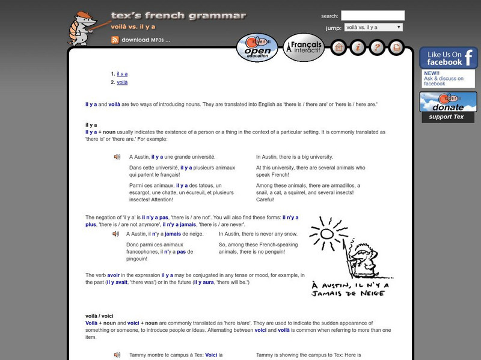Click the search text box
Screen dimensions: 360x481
(372, 16)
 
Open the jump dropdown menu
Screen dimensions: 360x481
(373, 28)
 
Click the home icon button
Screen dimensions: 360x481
(338, 47)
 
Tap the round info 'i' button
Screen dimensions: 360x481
(357, 47)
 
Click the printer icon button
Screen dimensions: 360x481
(396, 47)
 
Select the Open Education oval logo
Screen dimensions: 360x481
(257, 48)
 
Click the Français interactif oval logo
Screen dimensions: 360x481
(304, 48)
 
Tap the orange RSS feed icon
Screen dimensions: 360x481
(114, 40)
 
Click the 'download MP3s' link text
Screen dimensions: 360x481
(146, 40)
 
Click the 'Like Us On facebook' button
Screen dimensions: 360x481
(448, 58)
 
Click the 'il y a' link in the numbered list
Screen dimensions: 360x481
(122, 73)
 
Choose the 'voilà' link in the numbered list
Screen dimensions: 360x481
(122, 82)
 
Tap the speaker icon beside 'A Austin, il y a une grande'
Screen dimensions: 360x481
(117, 157)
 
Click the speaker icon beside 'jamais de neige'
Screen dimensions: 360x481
(116, 234)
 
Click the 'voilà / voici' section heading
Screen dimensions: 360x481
(99, 316)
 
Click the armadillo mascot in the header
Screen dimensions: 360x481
(81, 28)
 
